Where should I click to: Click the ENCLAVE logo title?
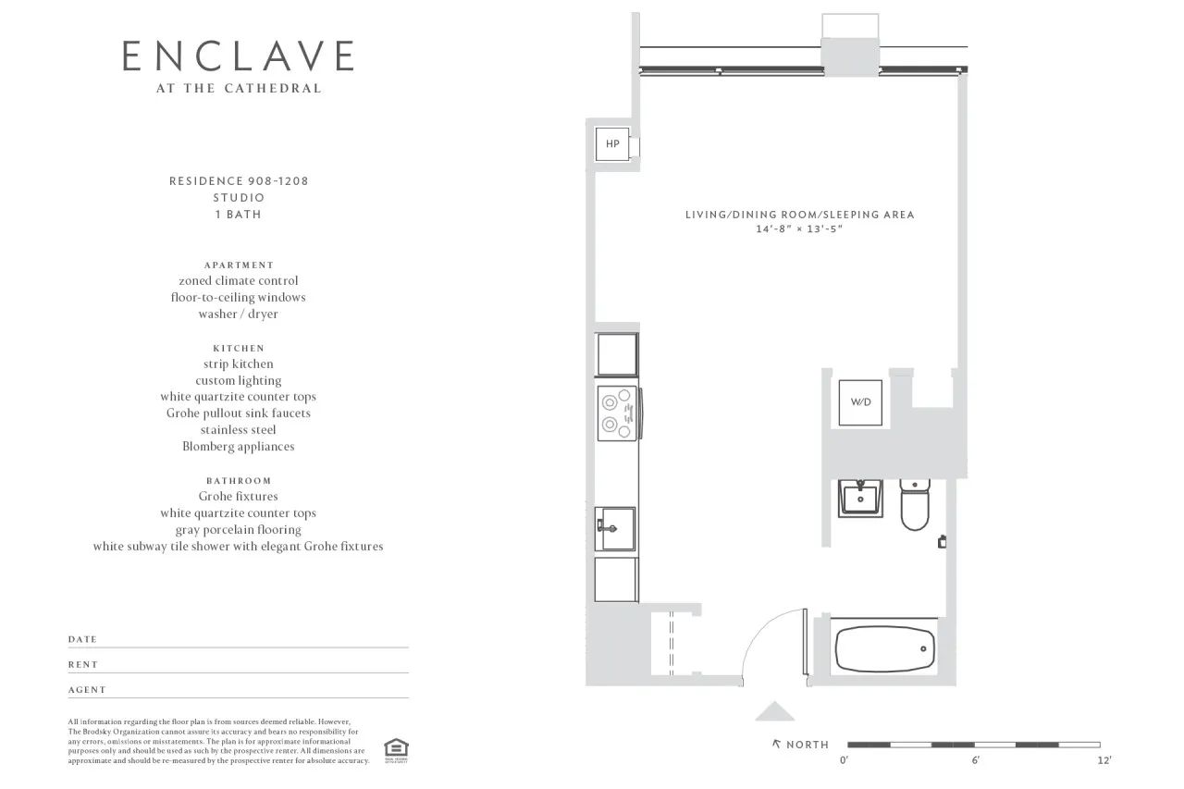pos(238,56)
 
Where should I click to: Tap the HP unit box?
pos(612,144)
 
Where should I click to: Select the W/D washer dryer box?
pos(860,402)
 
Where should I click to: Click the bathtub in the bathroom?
pos(885,649)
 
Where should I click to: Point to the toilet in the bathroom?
pos(915,505)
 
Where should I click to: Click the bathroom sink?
pos(861,499)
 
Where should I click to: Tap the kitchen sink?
pos(615,528)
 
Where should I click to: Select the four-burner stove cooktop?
pos(618,413)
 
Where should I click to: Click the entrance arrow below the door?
pos(775,711)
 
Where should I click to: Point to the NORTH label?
pos(807,745)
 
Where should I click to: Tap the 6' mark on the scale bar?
pos(974,760)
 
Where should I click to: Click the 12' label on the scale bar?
pos(1104,760)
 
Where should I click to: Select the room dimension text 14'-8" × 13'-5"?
pos(799,228)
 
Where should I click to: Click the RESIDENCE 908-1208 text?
pos(239,181)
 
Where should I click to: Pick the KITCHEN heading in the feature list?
pos(239,349)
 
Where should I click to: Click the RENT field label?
pos(83,665)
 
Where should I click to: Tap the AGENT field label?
pos(87,690)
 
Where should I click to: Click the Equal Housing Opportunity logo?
pos(396,749)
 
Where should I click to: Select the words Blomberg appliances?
pos(239,447)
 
